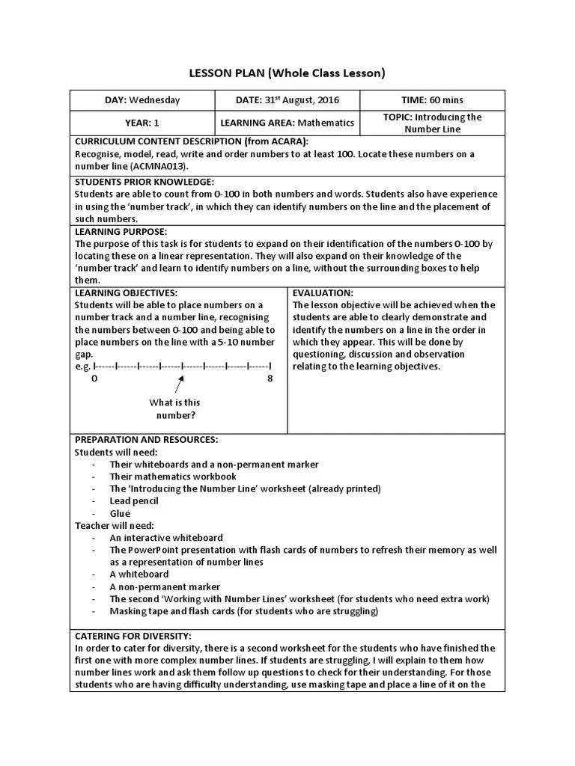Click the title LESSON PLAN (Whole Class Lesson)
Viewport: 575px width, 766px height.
point(287,73)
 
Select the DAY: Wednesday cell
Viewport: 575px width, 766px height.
point(142,100)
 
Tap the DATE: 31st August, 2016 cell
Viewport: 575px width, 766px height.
point(287,100)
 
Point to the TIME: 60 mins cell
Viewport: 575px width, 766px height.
point(432,100)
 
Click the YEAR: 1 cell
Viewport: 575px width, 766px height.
point(142,123)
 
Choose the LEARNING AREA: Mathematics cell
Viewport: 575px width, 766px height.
point(287,123)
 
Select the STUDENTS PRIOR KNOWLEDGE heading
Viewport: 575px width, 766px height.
point(144,182)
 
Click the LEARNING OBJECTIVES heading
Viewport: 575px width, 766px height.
point(127,293)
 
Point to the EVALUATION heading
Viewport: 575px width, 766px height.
point(323,293)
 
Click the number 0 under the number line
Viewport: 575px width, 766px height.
point(94,379)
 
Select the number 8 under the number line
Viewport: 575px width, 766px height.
point(270,379)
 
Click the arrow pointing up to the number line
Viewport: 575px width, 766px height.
point(179,384)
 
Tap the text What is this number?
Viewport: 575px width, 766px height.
point(175,409)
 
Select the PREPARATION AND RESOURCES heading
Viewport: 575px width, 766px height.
point(146,440)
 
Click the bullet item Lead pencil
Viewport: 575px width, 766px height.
point(134,500)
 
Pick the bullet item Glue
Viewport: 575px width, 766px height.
point(120,513)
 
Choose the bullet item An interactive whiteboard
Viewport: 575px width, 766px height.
point(166,537)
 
